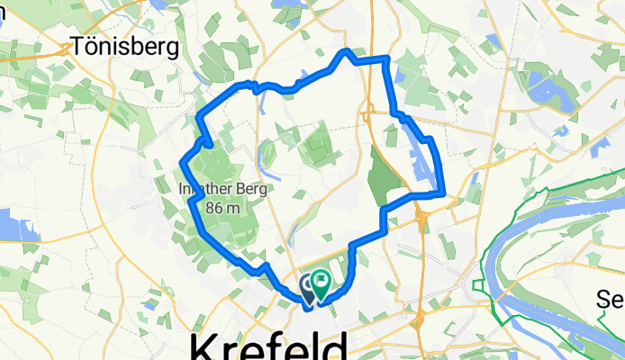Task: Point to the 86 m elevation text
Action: point(226,208)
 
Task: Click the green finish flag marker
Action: point(321,286)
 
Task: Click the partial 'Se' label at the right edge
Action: point(612,299)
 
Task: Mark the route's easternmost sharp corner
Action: point(442,192)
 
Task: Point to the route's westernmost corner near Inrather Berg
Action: point(183,162)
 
